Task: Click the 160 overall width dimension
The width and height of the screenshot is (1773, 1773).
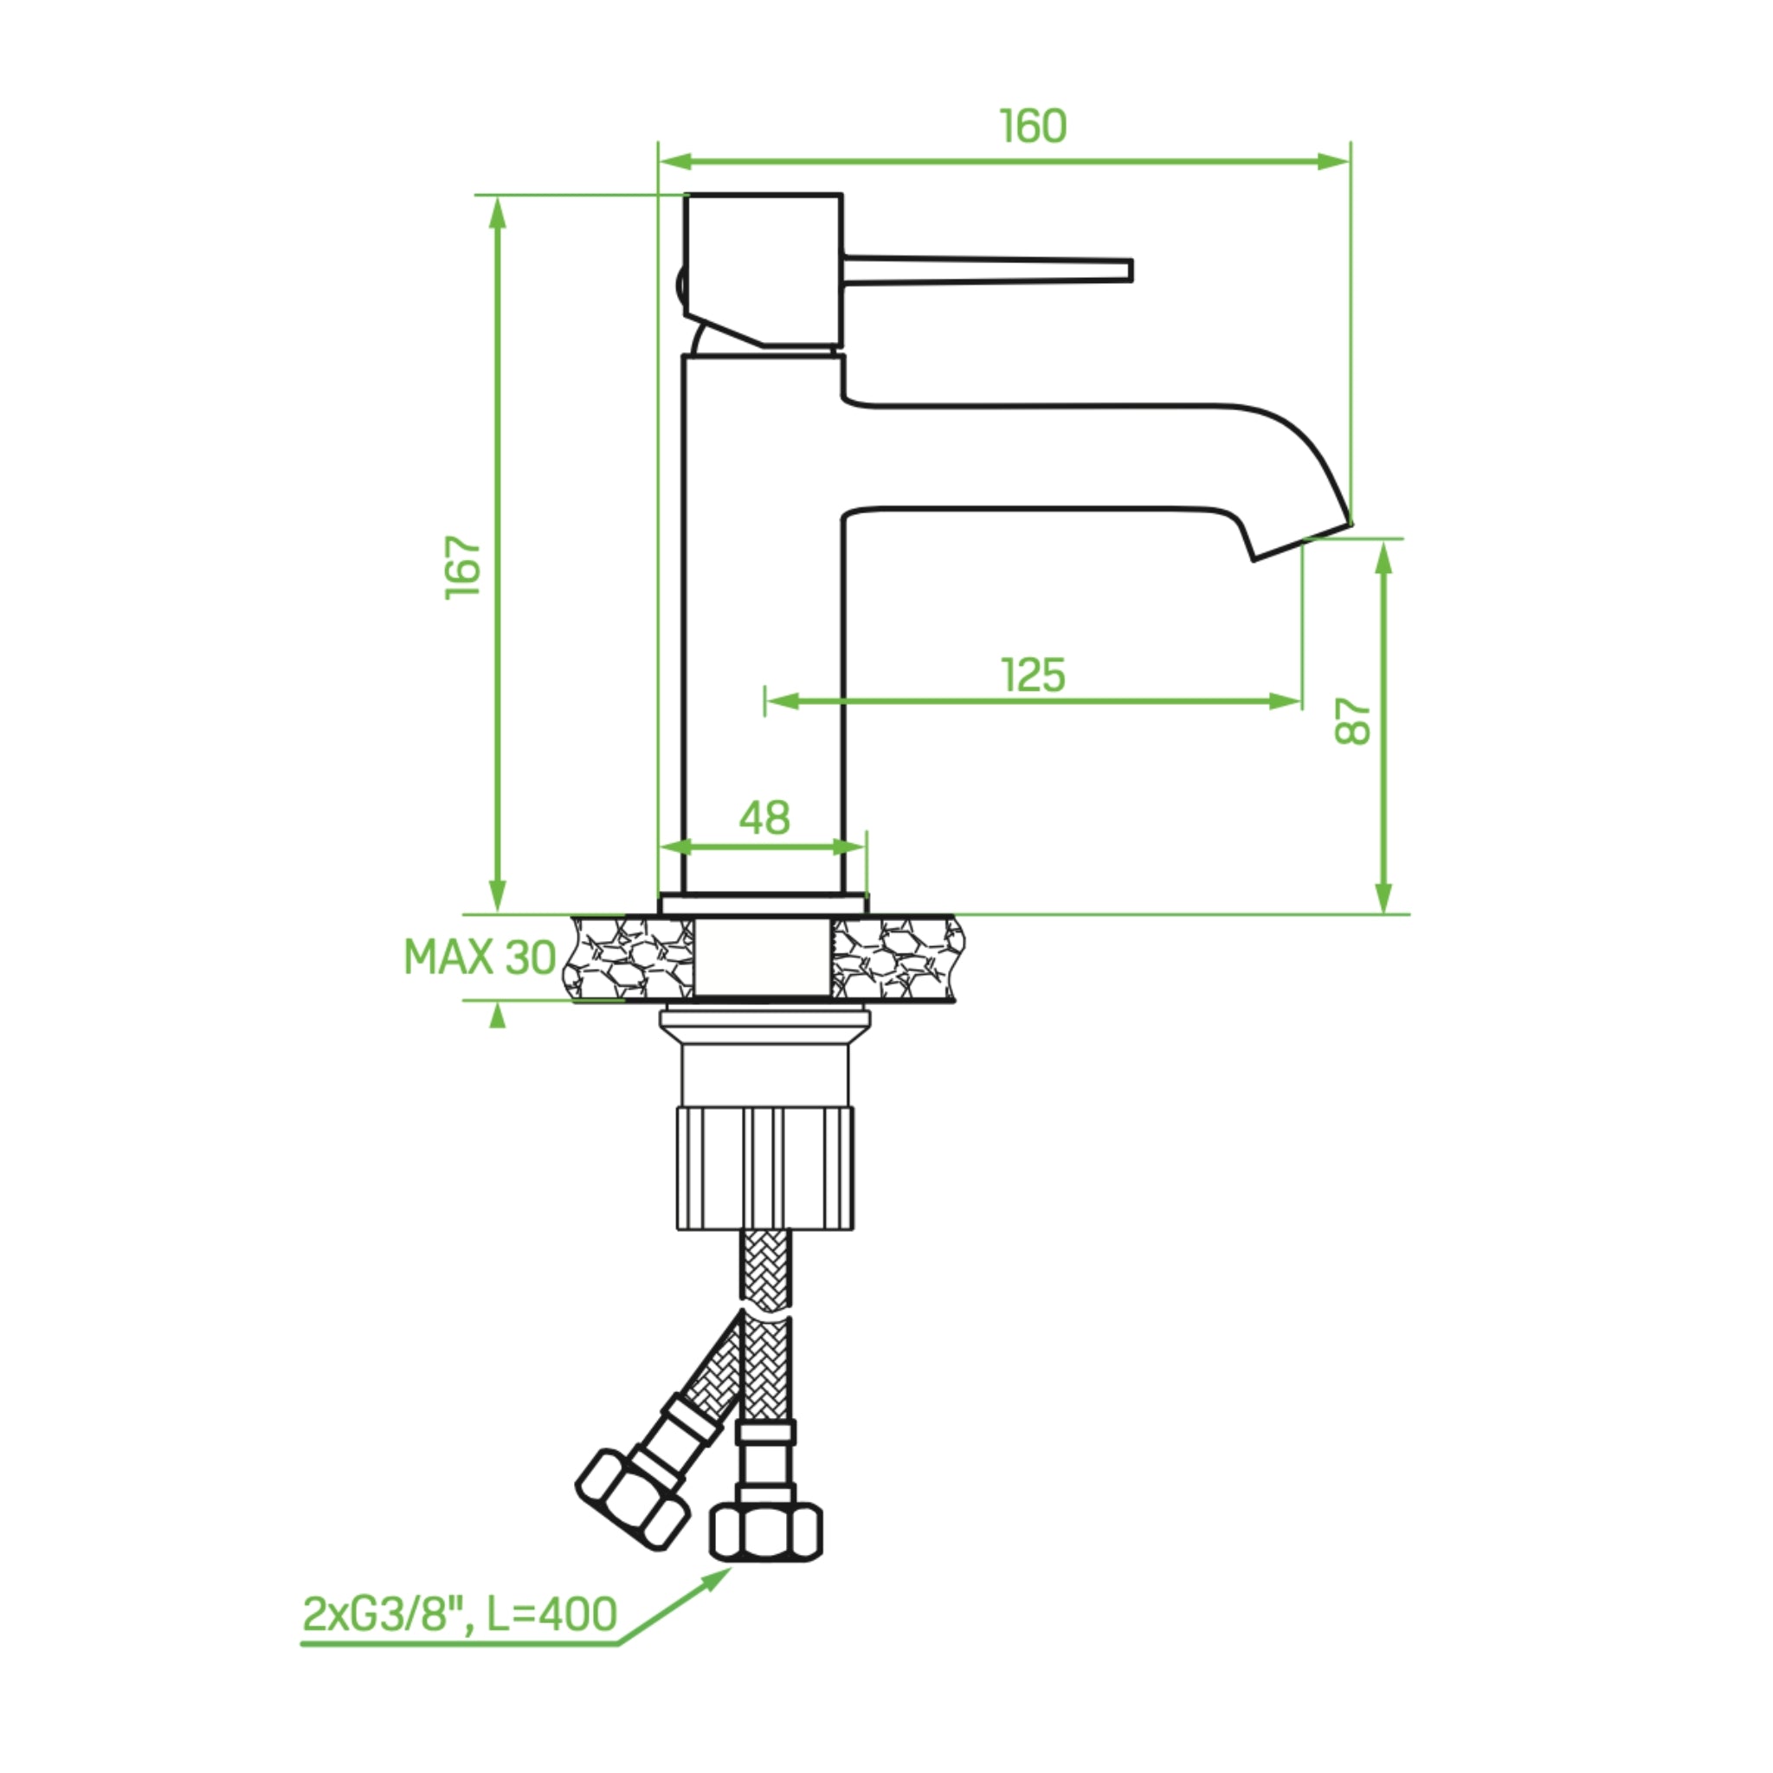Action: coord(1034,126)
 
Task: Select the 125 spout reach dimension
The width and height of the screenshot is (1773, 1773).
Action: coord(1034,675)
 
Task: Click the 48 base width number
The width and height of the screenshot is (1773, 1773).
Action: coord(764,816)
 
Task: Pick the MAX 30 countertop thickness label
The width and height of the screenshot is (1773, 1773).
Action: coord(480,958)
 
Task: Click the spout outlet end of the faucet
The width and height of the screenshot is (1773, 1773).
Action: coord(1302,541)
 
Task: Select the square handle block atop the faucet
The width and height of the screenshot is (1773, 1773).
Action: coord(764,271)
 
